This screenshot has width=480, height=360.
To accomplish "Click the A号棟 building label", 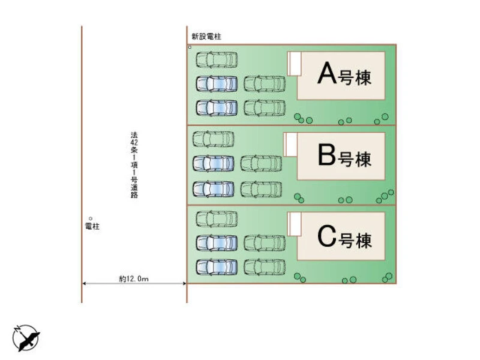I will pyautogui.click(x=343, y=76).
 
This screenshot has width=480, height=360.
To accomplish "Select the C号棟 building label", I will pyautogui.click(x=344, y=239).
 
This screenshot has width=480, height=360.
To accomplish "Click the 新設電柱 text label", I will pyautogui.click(x=202, y=37).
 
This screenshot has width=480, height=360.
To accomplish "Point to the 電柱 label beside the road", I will pyautogui.click(x=92, y=226).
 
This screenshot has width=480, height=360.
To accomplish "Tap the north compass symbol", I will pyautogui.click(x=26, y=338).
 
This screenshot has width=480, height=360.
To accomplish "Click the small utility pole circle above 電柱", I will pyautogui.click(x=91, y=218).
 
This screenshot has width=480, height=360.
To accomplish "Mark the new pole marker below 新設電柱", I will pyautogui.click(x=190, y=47).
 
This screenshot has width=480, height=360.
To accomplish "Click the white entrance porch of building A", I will pyautogui.click(x=294, y=64).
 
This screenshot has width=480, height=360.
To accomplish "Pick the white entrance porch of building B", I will pyautogui.click(x=290, y=145).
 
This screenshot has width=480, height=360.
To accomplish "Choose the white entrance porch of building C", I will pyautogui.click(x=294, y=224).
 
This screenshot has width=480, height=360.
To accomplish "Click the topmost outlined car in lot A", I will pyautogui.click(x=217, y=60).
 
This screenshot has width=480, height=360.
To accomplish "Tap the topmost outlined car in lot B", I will pyautogui.click(x=213, y=139).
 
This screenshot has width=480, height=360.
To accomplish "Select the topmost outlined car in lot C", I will pyautogui.click(x=217, y=219).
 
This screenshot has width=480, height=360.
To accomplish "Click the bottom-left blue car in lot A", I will pyautogui.click(x=217, y=107).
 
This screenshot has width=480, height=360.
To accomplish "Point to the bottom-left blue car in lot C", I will pyautogui.click(x=217, y=266).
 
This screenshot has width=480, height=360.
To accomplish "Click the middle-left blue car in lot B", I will pyautogui.click(x=213, y=163).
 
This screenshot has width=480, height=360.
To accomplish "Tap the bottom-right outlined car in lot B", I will pyautogui.click(x=261, y=189).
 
